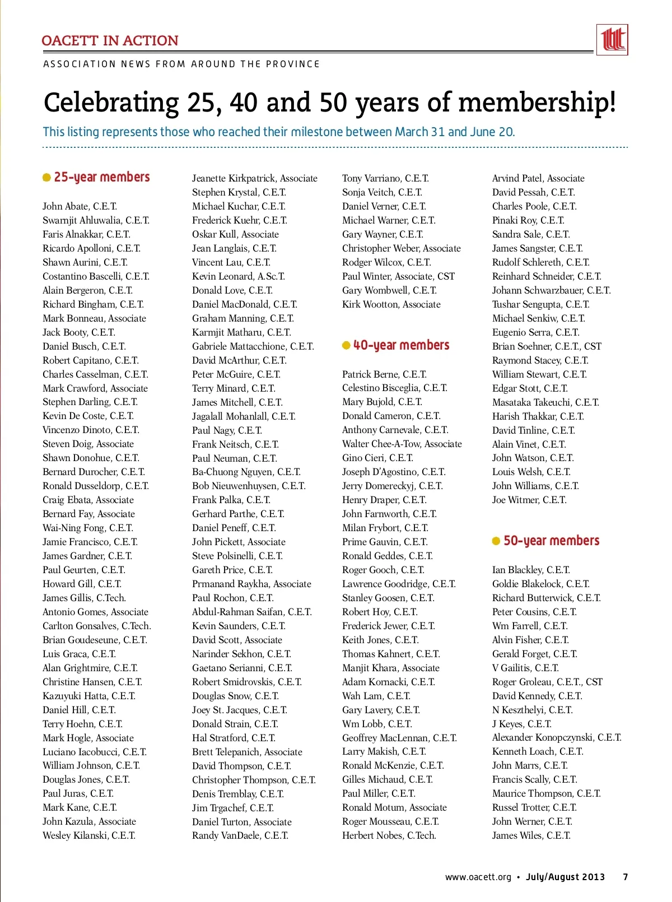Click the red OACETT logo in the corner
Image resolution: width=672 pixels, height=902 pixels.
612,40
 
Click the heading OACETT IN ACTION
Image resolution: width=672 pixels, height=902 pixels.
110,41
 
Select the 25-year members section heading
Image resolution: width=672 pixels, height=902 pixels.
101,178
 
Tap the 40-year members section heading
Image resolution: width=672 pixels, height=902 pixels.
401,346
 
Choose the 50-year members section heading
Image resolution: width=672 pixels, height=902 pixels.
551,541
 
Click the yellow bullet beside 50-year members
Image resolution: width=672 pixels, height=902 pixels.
496,541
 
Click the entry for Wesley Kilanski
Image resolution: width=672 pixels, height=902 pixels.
88,836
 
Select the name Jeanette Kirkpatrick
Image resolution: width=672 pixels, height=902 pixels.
235,178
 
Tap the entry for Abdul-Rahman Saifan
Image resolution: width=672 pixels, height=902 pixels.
251,612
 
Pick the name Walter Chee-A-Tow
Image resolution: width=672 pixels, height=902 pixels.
381,444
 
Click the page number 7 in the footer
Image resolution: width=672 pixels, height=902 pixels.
625,877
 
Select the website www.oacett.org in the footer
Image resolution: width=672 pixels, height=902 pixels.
478,877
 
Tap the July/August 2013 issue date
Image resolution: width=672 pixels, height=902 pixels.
565,877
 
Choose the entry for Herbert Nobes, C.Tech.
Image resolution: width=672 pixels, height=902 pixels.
389,836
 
